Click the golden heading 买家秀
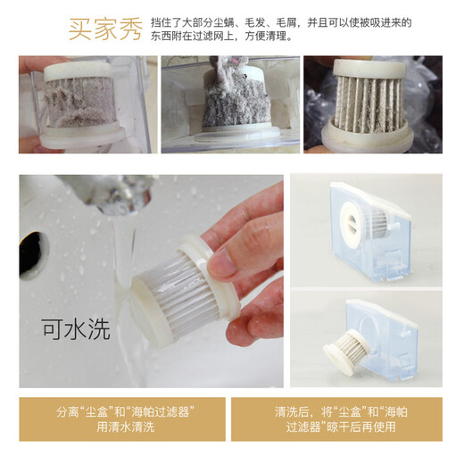(105, 29)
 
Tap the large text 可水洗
(76, 329)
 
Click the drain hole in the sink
(33, 255)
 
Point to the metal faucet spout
(118, 194)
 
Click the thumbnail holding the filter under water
(152, 281)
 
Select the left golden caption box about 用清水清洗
(122, 419)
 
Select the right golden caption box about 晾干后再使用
(336, 419)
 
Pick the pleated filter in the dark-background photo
(369, 104)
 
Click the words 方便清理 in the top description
(266, 37)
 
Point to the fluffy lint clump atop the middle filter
(226, 68)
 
